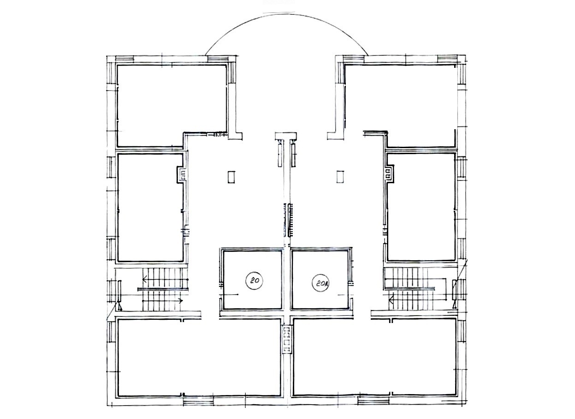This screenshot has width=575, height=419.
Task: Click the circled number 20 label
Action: [255, 280]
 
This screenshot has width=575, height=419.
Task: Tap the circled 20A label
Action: [320, 283]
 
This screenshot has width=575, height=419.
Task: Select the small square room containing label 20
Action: [253, 280]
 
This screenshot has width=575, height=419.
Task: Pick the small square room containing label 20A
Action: [321, 280]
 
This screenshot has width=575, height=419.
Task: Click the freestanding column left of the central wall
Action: [231, 177]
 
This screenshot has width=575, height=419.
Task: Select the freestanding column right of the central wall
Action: [340, 177]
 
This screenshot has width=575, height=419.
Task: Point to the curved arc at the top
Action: [287, 14]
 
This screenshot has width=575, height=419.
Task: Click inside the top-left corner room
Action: [172, 105]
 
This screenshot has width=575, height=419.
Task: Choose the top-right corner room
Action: [400, 105]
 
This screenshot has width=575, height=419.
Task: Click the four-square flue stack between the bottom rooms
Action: [287, 340]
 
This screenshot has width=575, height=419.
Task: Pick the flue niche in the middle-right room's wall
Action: [389, 175]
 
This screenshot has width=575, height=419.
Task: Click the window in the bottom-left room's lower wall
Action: [199, 405]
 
